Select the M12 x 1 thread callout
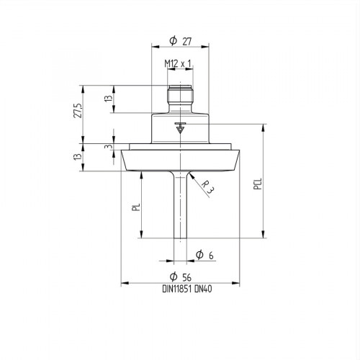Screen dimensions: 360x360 (178, 63)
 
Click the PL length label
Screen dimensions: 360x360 (135, 210)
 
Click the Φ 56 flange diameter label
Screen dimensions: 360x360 (179, 278)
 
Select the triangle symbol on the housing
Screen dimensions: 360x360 (180, 130)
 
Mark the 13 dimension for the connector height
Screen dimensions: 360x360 (108, 98)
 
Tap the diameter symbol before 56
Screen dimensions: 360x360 (173, 278)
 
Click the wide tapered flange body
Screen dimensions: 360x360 (179, 159)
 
